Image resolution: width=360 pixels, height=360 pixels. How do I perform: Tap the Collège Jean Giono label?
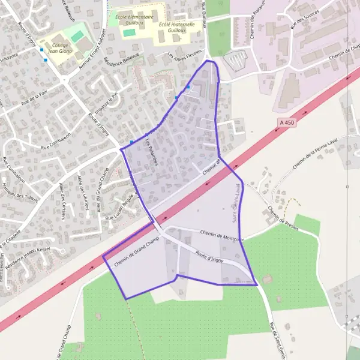[x=60, y=48]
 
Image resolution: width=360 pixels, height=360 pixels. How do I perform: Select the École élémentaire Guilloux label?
[x=134, y=19]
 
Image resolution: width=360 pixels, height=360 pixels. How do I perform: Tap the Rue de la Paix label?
[x=33, y=94]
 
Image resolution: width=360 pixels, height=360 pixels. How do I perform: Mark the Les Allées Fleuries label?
[x=184, y=58]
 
